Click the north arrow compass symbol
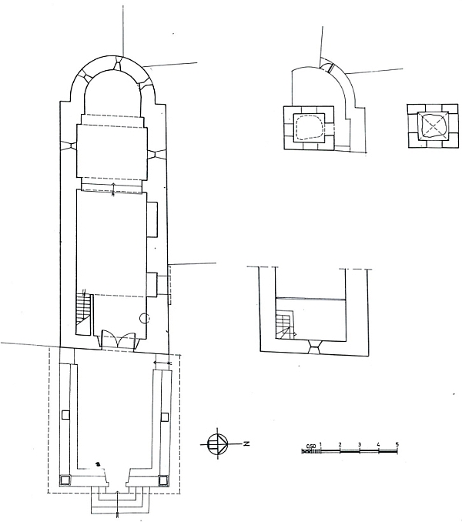pyautogui.click(x=217, y=444)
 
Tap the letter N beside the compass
pyautogui.click(x=246, y=443)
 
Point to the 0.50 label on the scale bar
pyautogui.click(x=310, y=446)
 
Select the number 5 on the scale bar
pyautogui.click(x=397, y=444)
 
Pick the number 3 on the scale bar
pyautogui.click(x=360, y=444)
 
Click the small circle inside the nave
pyautogui.click(x=145, y=318)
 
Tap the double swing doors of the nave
pyautogui.click(x=118, y=339)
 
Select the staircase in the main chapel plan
pyautogui.click(x=83, y=313)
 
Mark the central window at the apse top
pyautogui.click(x=118, y=63)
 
